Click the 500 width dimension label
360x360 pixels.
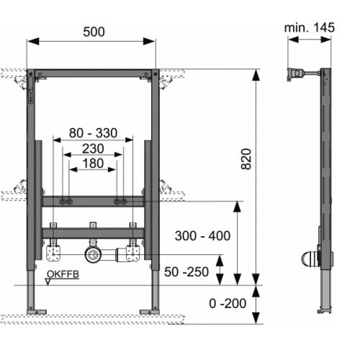(x=94, y=32)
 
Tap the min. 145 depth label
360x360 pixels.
(x=310, y=27)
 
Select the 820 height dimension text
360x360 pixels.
(x=246, y=159)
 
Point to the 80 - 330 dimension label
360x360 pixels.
(x=93, y=132)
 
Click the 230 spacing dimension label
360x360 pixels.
(x=93, y=148)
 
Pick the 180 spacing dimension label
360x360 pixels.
(x=93, y=163)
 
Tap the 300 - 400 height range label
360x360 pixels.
(x=202, y=235)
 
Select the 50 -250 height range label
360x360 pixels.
(x=186, y=272)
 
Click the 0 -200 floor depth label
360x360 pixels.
(x=228, y=303)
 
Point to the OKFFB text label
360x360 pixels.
(x=63, y=274)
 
